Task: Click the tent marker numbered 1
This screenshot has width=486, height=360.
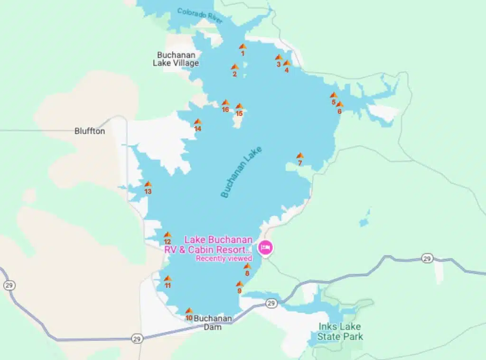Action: tap(243, 46)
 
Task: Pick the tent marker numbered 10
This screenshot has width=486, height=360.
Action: tap(189, 311)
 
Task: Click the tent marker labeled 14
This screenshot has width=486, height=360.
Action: tap(197, 122)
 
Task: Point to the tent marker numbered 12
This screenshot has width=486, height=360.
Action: tap(167, 235)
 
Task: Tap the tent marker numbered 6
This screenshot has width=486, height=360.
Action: tap(339, 104)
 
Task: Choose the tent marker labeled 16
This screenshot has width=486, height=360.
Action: tap(225, 103)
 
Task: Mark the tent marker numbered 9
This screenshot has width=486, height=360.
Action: tap(240, 284)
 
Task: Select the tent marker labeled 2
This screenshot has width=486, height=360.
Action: tap(234, 67)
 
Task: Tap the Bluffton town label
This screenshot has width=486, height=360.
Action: tap(90, 131)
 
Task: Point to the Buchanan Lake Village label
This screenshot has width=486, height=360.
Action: tap(176, 59)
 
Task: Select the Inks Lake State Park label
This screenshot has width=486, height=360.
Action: tap(340, 332)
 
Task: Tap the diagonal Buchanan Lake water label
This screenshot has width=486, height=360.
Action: tap(241, 172)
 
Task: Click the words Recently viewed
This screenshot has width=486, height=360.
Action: tap(224, 258)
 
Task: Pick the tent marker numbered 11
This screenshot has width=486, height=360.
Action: tap(167, 278)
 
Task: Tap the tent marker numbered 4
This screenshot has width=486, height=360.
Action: tap(287, 63)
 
